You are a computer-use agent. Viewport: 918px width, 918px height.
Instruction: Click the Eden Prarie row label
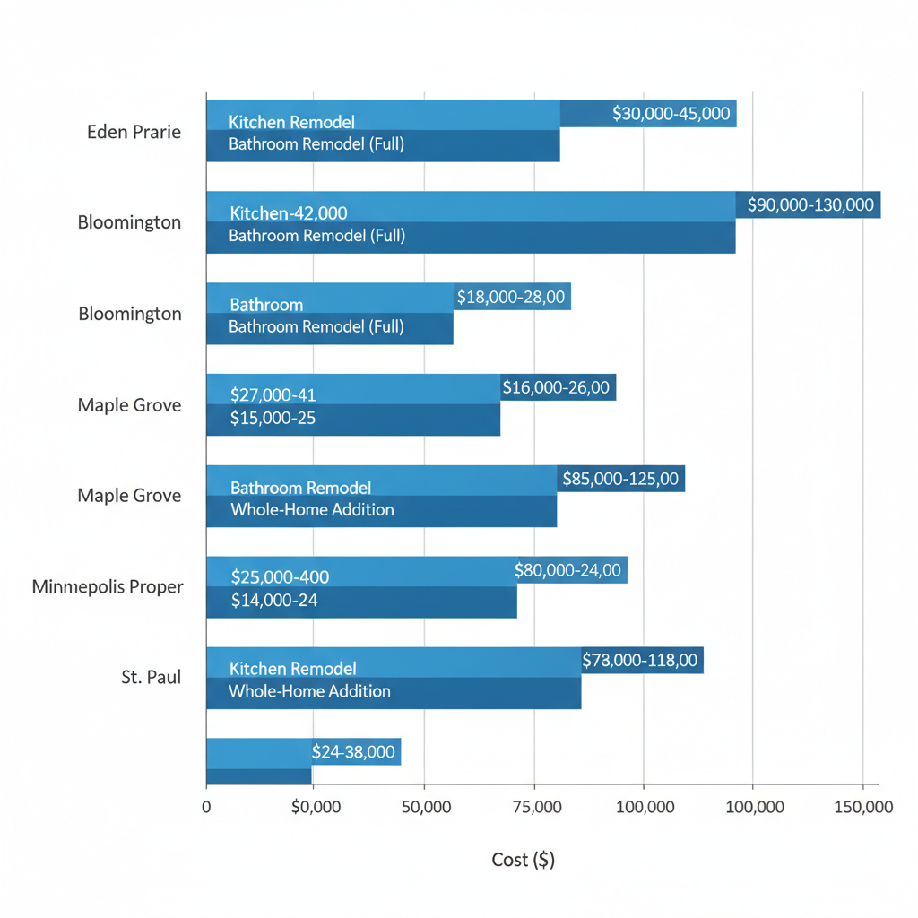coord(134,132)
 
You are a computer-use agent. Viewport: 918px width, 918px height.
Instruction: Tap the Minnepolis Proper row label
coord(108,587)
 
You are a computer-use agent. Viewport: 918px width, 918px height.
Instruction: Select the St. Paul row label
coord(152,677)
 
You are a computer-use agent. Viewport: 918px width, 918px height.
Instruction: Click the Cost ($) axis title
coord(524,860)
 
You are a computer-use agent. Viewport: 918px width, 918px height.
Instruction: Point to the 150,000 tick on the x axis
coord(862,807)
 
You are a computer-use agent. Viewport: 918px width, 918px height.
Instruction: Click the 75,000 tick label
coord(534,807)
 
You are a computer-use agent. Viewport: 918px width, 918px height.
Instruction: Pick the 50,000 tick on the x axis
coord(425,807)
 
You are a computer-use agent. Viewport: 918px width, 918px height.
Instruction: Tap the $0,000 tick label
coord(316,807)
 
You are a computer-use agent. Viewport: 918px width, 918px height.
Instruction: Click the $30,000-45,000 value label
coord(671,114)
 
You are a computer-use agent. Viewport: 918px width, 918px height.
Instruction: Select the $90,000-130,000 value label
coord(810,204)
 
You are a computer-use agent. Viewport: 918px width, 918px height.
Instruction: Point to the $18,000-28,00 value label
coord(511,297)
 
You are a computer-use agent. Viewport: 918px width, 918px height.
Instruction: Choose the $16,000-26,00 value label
coord(556,387)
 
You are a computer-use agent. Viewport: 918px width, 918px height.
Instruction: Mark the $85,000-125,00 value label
coord(620,479)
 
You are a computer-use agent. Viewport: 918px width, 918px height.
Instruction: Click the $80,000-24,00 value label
coord(567,570)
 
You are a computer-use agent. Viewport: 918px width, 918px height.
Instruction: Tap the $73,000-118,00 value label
coord(640,661)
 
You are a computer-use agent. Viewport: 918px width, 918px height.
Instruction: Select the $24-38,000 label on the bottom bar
coord(353,751)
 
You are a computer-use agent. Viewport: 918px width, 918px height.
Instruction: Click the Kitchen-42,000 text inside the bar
coord(289,213)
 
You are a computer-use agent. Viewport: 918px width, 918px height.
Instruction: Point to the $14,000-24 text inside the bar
coord(274,601)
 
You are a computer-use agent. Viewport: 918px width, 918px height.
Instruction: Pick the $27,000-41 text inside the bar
coord(273,394)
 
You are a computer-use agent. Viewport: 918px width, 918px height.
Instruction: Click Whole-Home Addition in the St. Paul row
coord(309,691)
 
